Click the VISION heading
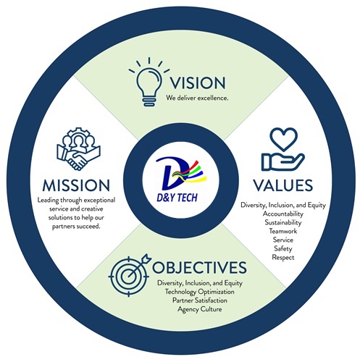[198, 83]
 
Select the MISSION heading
[76, 185]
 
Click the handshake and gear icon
[79, 149]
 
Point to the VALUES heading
[283, 185]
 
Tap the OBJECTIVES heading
[199, 267]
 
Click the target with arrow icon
[130, 275]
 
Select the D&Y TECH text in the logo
[177, 198]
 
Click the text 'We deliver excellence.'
[197, 98]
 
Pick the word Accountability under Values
[283, 214]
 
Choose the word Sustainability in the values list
[283, 222]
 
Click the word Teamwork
[283, 231]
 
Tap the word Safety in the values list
[283, 248]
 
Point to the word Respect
[283, 258]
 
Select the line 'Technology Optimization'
[200, 292]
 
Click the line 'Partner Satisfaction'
[200, 300]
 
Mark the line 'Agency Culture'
[200, 309]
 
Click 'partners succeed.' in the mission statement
[76, 227]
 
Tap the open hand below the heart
[282, 161]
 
